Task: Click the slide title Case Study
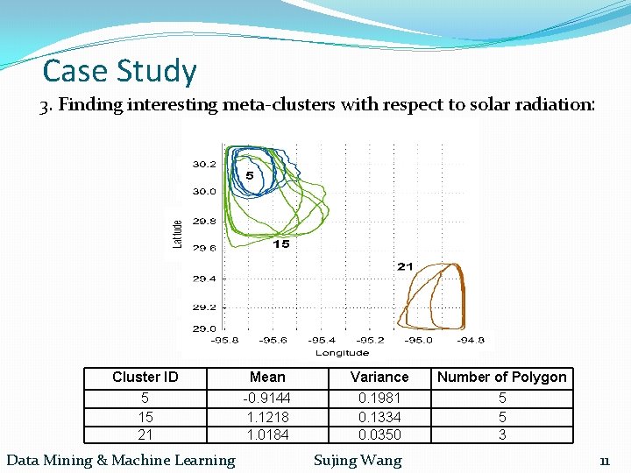[x=120, y=70]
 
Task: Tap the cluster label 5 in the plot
[x=250, y=176]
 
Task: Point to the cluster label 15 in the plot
[x=280, y=244]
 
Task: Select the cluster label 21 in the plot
[x=405, y=265]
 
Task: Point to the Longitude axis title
[x=342, y=352]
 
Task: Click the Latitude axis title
[x=177, y=234]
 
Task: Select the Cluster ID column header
[x=145, y=378]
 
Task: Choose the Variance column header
[x=379, y=378]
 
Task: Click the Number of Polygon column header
[x=502, y=378]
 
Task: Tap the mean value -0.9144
[x=267, y=399]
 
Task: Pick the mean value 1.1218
[x=267, y=417]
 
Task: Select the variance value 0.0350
[x=379, y=434]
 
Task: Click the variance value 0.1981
[x=379, y=399]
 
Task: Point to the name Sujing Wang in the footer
[x=358, y=460]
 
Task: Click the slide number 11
[x=605, y=461]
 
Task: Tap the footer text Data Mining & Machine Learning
[x=121, y=460]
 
